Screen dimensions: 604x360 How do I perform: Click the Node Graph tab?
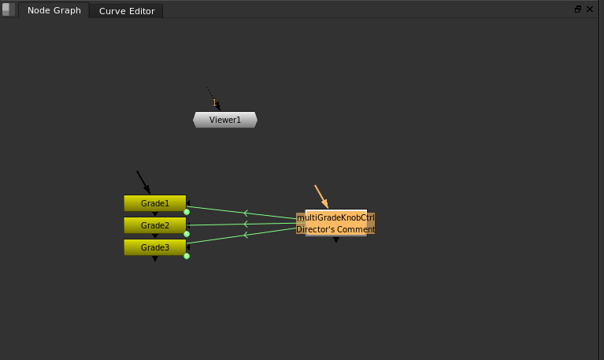point(54,11)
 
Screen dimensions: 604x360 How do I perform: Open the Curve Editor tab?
point(126,11)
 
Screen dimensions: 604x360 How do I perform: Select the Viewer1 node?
point(225,120)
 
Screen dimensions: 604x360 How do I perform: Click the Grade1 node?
point(154,203)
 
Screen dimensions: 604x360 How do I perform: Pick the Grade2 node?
point(154,225)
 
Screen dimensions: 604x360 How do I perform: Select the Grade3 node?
point(154,247)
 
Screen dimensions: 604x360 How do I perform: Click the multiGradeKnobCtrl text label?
point(335,217)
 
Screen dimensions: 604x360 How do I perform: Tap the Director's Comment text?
point(335,229)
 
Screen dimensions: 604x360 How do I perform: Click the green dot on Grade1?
point(187,212)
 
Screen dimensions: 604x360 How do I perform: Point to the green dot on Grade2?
point(187,234)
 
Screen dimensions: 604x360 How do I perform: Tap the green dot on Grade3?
point(187,256)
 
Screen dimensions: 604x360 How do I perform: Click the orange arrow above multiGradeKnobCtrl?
point(321,197)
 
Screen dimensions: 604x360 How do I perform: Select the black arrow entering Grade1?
point(143,183)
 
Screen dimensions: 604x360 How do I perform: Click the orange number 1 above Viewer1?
point(213,102)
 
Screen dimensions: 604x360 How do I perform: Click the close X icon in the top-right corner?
point(589,9)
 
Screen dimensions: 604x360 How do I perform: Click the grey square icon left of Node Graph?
point(9,10)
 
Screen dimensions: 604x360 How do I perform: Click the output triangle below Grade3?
point(155,258)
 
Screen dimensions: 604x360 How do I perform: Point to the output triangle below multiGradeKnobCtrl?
point(336,239)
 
